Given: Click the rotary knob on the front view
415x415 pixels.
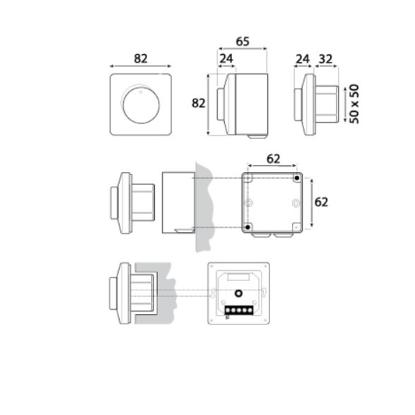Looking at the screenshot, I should pos(138,105).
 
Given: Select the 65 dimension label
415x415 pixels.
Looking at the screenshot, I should pos(243,41).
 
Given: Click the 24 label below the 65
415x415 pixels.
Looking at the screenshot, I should pos(226,59).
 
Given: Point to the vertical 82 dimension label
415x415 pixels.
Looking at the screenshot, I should pos(199,103).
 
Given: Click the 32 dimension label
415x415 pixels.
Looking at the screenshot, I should pos(326,59).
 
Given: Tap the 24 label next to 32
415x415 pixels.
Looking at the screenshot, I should pos(303,59).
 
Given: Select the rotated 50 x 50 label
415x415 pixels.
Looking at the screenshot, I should pos(354,104).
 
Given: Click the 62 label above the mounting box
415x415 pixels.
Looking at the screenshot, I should pos(272,159).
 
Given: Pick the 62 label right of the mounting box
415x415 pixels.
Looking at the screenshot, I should pos(321,202).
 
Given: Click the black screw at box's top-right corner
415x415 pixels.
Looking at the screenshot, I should pos(296,177).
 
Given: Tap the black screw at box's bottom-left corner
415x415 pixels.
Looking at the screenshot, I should pos(248,228).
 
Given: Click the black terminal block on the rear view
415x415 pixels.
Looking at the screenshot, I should pos(238,311).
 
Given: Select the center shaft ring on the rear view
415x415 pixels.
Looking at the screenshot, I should pos(238,293).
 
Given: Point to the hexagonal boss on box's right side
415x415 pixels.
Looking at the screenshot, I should pos(295,204).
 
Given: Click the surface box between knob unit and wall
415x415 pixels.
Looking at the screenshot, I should pos(177,202).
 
